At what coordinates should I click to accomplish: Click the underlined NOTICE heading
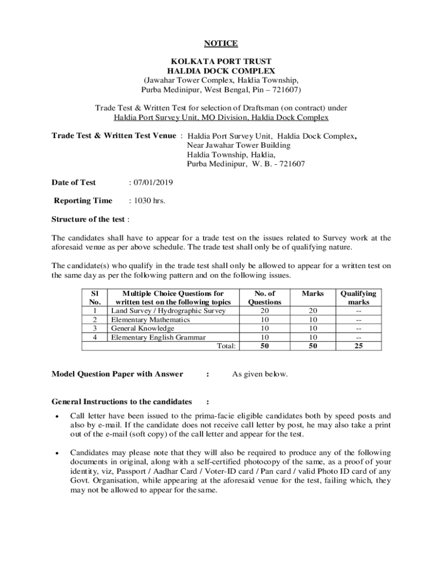(221, 44)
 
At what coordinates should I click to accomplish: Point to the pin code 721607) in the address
(285, 90)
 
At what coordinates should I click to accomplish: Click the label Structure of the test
(89, 219)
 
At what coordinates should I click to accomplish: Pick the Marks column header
(313, 294)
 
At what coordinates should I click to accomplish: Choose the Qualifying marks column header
(358, 298)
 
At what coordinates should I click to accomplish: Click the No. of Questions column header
(264, 298)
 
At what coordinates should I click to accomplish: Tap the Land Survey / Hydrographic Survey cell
(168, 311)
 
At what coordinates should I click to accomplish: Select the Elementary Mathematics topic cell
(150, 319)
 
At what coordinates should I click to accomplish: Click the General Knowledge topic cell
(143, 328)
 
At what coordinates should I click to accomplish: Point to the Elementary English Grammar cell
(158, 337)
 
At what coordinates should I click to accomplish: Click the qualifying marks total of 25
(359, 346)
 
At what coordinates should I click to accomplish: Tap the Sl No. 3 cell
(95, 328)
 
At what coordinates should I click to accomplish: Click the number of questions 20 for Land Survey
(264, 311)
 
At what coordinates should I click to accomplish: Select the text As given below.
(259, 374)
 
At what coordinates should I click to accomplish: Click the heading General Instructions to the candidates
(122, 401)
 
